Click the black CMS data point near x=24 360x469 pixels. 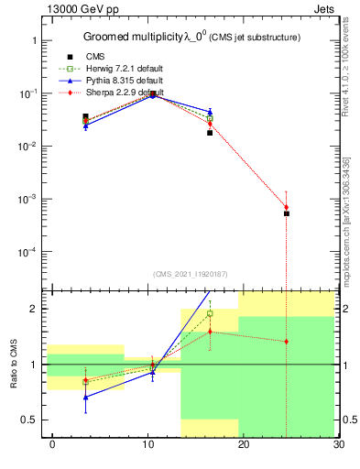pos(287,213)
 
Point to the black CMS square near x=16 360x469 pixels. pos(210,133)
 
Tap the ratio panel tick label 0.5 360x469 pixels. pos(30,420)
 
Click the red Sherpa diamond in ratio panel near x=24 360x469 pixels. pos(287,342)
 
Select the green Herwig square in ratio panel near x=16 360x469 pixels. pos(210,313)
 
